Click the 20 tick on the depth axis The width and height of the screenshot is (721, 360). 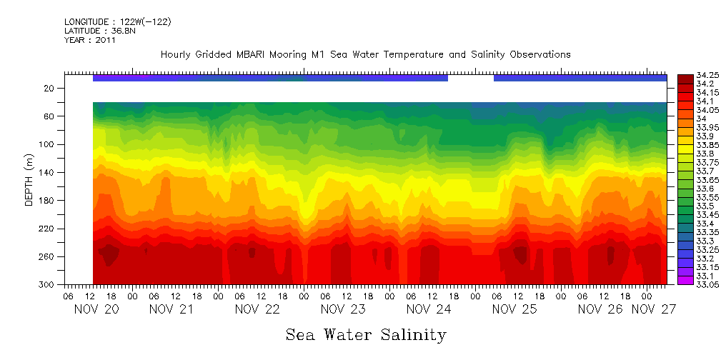click(49, 88)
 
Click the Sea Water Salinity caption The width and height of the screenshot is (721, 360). click(366, 334)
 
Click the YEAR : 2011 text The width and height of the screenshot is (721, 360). click(89, 40)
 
